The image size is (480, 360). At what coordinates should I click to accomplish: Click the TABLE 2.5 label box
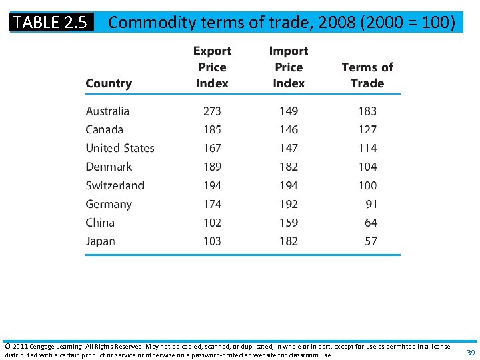click(x=51, y=22)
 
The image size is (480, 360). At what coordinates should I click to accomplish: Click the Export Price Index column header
click(x=212, y=67)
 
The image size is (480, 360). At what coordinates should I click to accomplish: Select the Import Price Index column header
click(x=289, y=67)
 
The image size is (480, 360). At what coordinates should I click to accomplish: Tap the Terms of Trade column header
click(x=367, y=75)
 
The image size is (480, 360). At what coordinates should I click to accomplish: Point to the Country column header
click(x=109, y=83)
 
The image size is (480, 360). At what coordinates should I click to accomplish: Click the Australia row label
click(x=107, y=111)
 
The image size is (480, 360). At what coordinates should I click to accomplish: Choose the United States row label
click(x=120, y=148)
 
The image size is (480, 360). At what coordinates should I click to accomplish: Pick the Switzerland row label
click(x=115, y=185)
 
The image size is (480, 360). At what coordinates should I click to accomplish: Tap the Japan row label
click(x=100, y=241)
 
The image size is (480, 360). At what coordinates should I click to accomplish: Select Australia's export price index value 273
click(x=212, y=111)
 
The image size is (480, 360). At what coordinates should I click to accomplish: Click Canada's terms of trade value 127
click(x=367, y=129)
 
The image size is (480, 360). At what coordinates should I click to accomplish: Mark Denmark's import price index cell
click(x=289, y=167)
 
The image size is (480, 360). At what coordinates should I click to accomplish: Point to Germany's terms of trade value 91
click(x=371, y=204)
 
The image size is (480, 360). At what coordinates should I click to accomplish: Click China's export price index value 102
click(x=212, y=223)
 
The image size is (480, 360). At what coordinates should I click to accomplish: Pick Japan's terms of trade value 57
click(x=371, y=241)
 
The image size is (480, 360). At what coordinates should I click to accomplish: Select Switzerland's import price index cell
click(x=289, y=185)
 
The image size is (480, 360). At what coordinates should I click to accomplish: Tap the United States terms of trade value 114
click(x=367, y=148)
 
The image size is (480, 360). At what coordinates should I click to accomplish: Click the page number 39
click(x=471, y=353)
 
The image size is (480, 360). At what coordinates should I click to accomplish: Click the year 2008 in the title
click(x=337, y=23)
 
